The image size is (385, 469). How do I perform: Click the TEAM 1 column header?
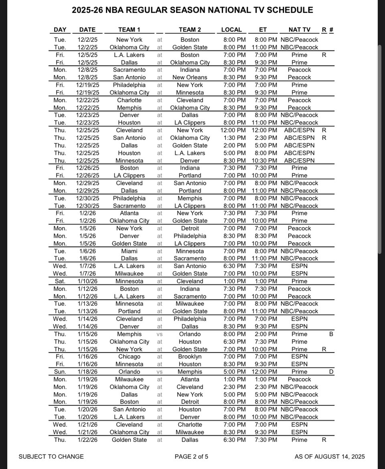tap(129, 30)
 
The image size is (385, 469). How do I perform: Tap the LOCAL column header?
tap(231, 30)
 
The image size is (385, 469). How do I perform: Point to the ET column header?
tap(263, 30)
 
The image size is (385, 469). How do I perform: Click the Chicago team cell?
tap(129, 356)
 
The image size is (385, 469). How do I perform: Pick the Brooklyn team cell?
tap(190, 356)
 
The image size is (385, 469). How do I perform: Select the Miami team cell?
tap(129, 251)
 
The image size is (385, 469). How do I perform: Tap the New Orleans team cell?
tap(190, 77)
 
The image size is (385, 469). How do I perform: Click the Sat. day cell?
tap(60, 281)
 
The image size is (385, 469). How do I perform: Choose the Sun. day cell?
tap(60, 372)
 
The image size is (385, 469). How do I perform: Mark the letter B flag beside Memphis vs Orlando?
tap(331, 334)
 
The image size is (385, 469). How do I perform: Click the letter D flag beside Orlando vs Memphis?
tap(331, 372)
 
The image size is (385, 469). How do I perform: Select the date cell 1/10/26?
tap(87, 281)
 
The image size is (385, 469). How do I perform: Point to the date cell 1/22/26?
tap(87, 440)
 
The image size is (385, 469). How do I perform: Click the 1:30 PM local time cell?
tap(234, 138)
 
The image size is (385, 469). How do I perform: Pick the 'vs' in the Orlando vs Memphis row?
tap(160, 372)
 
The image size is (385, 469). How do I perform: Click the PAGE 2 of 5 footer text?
tap(191, 457)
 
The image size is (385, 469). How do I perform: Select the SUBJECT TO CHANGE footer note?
tap(51, 457)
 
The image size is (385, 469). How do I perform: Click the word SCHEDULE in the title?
tap(287, 10)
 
